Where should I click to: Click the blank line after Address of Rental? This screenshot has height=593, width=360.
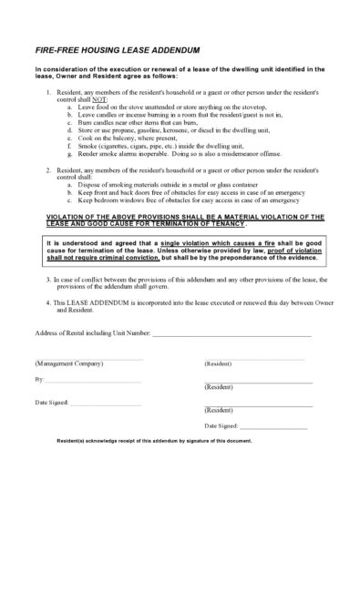coord(231,336)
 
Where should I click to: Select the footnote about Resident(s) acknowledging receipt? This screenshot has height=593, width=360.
coord(154,441)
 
